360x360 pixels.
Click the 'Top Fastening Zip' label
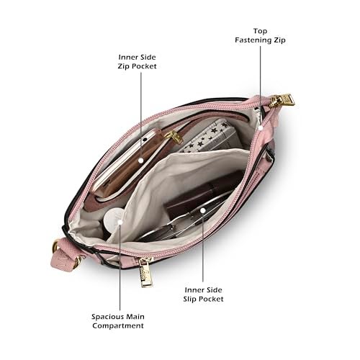pos(261,36)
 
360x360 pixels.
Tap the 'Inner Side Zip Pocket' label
pos(138,62)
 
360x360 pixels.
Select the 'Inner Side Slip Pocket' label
pos(203,294)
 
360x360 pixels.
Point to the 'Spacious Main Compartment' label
pos(118,321)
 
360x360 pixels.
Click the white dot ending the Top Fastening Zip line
pos(261,128)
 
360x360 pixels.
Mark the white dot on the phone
pos(141,160)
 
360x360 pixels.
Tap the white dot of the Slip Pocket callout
pos(203,211)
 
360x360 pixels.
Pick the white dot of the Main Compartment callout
pos(120,222)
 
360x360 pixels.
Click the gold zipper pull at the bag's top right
pos(282,101)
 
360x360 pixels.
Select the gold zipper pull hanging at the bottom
pos(145,272)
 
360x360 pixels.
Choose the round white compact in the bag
pos(114,220)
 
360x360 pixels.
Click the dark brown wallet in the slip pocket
pos(204,192)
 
